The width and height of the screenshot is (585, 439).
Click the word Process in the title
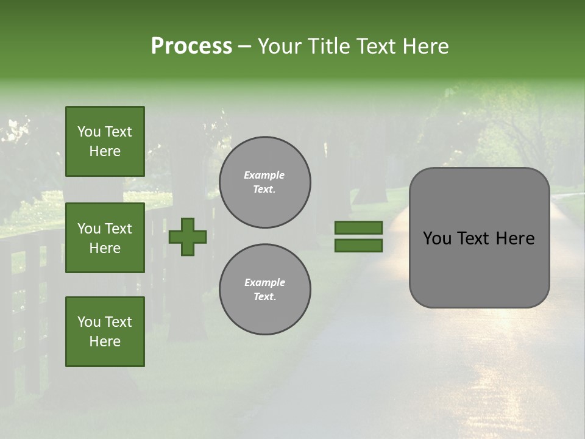point(191,46)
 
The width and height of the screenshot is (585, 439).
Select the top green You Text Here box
point(105,141)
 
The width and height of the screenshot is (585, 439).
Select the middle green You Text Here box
point(105,238)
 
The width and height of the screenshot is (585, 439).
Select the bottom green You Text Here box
point(105,332)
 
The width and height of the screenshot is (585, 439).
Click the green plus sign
point(188,237)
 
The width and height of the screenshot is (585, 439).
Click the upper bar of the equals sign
point(358,227)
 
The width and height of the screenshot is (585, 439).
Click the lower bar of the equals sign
point(358,246)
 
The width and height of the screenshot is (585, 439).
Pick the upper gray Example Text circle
point(264,182)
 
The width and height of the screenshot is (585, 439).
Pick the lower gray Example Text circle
point(264,289)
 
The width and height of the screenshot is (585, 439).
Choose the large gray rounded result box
point(479,238)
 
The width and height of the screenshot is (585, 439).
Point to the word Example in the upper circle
point(264,176)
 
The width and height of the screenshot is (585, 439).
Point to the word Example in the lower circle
point(264,282)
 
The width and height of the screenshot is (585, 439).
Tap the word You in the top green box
point(89,132)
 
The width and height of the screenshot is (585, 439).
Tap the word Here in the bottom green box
point(105,341)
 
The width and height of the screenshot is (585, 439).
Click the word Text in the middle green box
point(118,229)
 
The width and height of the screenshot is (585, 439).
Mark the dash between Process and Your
point(244,47)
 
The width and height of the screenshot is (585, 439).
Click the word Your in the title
point(279,46)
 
